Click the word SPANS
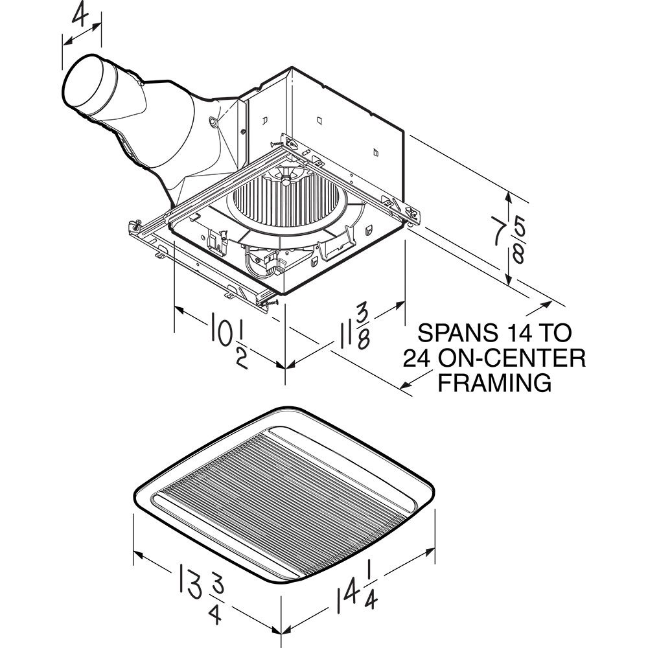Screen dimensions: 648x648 pyautogui.click(x=458, y=333)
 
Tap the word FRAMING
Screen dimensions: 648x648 pyautogui.click(x=495, y=382)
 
